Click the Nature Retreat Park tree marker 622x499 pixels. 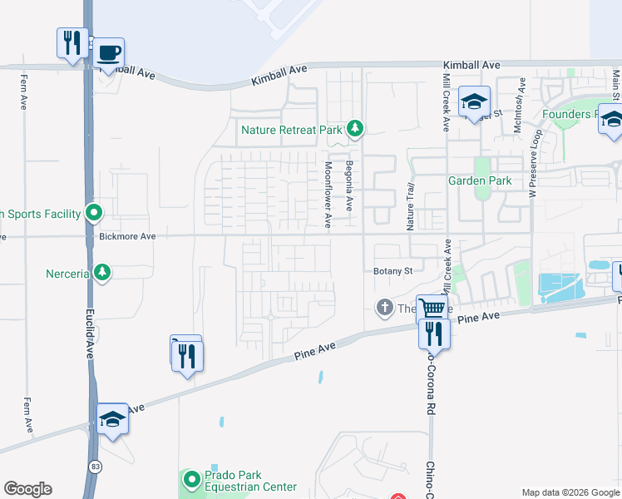[355, 128]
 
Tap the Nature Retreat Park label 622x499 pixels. [291, 130]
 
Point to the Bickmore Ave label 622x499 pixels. [127, 237]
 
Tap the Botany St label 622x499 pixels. [392, 271]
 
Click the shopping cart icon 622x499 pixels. [432, 309]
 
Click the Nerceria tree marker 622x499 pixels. [102, 272]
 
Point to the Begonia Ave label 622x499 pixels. [349, 185]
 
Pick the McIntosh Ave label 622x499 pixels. [521, 101]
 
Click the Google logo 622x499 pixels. [27, 489]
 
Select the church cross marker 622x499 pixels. [384, 309]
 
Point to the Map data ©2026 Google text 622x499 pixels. [570, 492]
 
